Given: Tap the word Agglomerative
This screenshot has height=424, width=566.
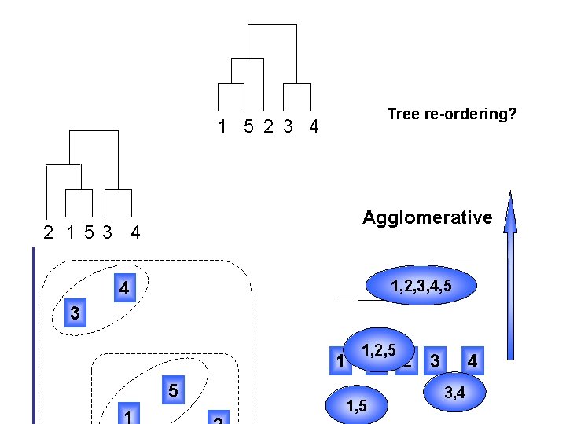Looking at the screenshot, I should click(x=427, y=217).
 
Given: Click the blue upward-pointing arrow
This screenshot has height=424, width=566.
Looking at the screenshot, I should click(x=511, y=275).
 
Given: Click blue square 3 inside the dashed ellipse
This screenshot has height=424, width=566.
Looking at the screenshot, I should click(x=74, y=313).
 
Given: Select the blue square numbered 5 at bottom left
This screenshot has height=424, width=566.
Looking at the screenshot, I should click(x=174, y=389).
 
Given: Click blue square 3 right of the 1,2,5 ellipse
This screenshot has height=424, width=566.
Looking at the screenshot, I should click(x=434, y=361).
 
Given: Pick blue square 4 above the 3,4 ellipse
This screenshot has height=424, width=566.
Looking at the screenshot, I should click(x=472, y=361).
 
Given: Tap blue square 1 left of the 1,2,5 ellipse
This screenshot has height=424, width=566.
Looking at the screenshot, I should click(x=339, y=362).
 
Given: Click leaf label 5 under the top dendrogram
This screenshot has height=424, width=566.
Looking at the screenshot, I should click(x=248, y=126).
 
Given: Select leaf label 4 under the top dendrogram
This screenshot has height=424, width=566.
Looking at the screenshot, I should click(x=314, y=126).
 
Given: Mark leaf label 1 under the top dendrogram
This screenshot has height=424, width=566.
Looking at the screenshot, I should click(x=222, y=126).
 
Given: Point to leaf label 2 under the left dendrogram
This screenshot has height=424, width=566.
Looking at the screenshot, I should click(x=49, y=232).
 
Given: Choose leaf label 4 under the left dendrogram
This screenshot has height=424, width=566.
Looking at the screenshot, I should click(x=135, y=232).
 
